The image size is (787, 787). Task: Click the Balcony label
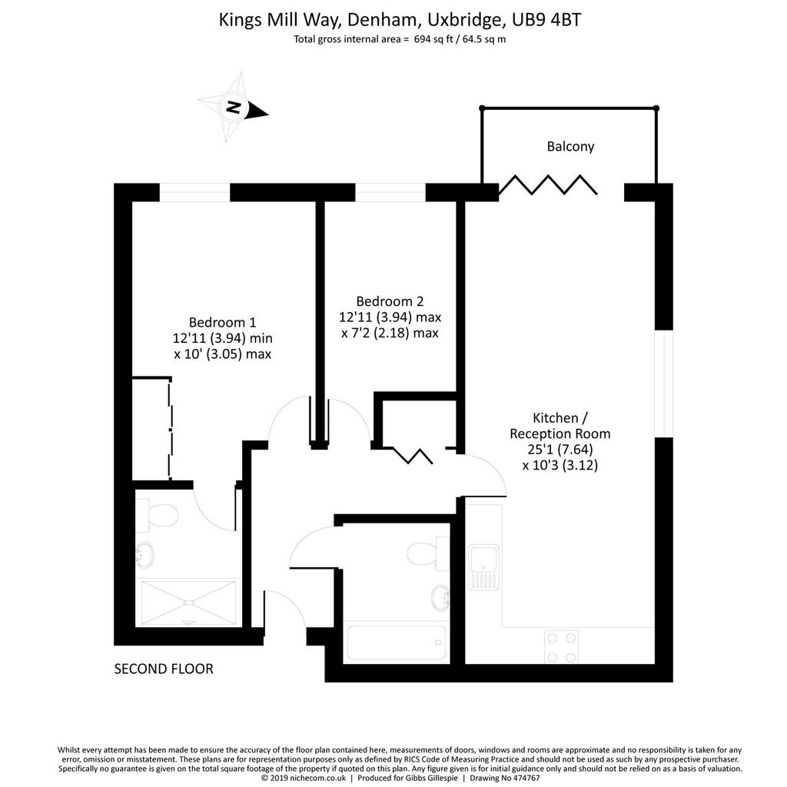(570, 147)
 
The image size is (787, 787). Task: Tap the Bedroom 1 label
(222, 322)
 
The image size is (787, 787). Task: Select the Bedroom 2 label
(390, 301)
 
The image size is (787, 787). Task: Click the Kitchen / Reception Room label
(560, 426)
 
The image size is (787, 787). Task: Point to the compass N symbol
(233, 107)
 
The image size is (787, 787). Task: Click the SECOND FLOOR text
(164, 669)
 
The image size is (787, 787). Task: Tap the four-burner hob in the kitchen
(562, 647)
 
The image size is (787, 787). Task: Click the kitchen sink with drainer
(484, 567)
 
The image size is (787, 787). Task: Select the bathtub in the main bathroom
(396, 643)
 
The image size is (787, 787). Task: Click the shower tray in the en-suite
(189, 603)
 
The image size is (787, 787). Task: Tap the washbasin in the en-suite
(144, 555)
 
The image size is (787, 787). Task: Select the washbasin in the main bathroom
(440, 598)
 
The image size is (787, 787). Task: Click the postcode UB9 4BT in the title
(546, 20)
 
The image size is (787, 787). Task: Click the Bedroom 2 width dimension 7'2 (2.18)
(390, 333)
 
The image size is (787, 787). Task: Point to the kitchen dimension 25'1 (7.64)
(560, 449)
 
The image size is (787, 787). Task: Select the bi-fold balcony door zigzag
(548, 184)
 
